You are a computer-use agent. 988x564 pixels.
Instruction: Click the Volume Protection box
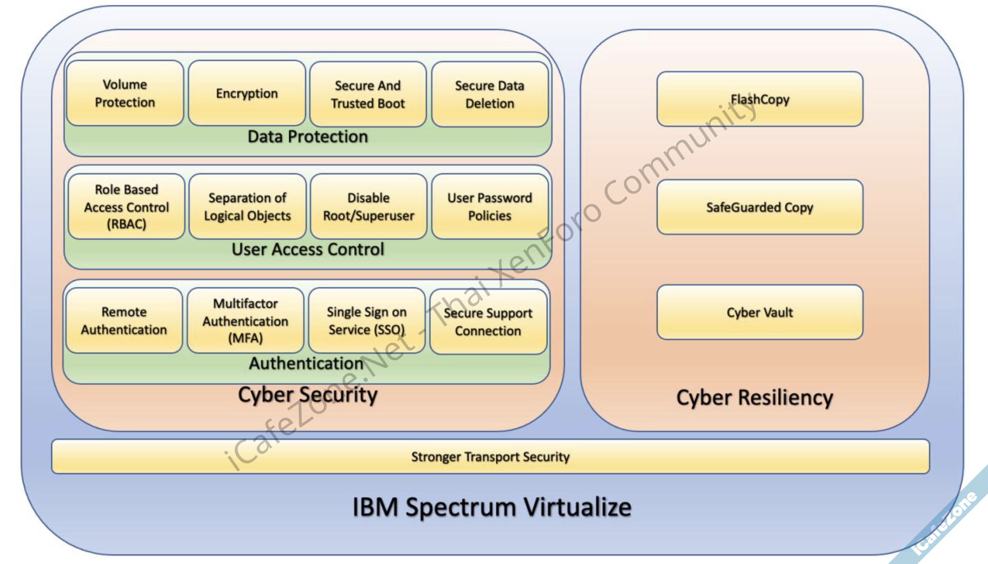tap(125, 93)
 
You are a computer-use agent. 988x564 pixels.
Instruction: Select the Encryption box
tap(247, 93)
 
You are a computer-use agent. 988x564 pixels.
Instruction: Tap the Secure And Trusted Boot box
tap(368, 94)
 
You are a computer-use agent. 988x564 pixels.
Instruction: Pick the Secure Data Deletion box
tap(490, 94)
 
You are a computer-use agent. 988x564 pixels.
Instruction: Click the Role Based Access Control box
tap(126, 207)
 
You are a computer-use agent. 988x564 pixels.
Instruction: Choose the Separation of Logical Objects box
tap(247, 207)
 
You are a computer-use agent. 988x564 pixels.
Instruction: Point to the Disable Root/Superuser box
tap(368, 207)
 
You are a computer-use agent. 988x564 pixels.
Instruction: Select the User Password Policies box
tap(490, 207)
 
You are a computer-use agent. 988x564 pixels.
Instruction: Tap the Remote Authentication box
tap(124, 320)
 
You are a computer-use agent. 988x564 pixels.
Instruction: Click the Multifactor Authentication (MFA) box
tap(245, 320)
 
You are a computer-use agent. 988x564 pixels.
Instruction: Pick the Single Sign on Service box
tap(367, 320)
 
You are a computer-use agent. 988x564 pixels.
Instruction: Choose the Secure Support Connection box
tap(488, 322)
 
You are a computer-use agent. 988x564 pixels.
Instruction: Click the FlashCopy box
tap(760, 99)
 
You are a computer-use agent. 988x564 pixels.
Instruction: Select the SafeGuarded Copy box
tap(760, 207)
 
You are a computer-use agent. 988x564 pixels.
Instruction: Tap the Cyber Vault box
tap(760, 312)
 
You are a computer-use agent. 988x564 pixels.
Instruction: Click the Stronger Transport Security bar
tap(490, 456)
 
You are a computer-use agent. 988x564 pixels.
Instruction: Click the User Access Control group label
tap(308, 249)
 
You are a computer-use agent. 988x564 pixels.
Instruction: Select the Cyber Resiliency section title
tap(754, 397)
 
